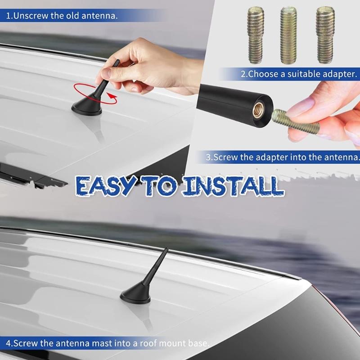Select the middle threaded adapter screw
288,35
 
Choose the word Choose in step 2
265,73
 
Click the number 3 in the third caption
208,157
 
